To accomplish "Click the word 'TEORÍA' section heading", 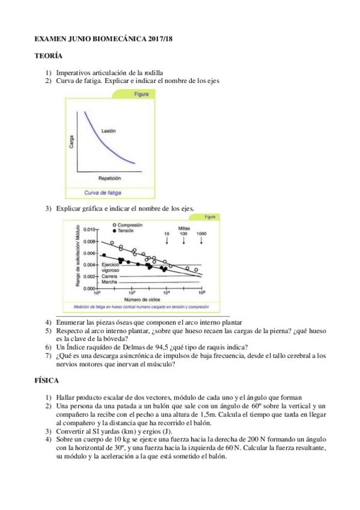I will click(x=48, y=55).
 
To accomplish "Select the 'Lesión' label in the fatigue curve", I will click(x=109, y=131).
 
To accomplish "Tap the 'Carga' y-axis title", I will click(x=72, y=142).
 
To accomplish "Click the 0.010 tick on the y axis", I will click(x=89, y=230).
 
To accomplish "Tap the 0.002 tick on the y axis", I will click(x=89, y=277).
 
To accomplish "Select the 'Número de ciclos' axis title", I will click(x=141, y=299).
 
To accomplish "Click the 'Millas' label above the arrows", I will click(x=185, y=227).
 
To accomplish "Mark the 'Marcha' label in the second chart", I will click(x=110, y=282).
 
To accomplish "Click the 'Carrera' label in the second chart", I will click(x=110, y=276).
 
